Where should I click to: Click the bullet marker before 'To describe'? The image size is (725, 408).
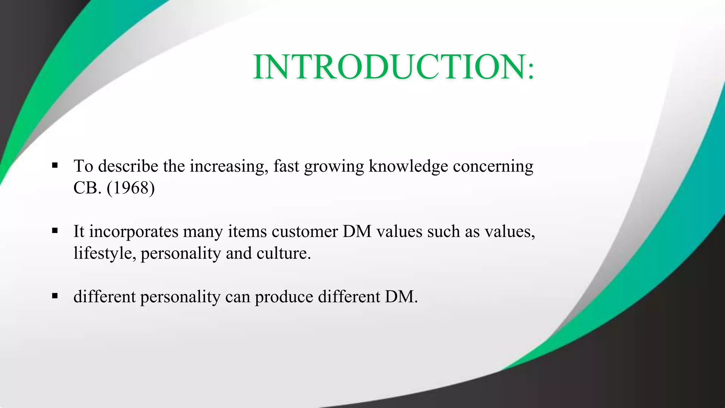click(x=55, y=165)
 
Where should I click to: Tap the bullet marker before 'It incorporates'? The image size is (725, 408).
click(x=55, y=231)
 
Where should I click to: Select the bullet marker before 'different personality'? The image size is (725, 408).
click(x=55, y=296)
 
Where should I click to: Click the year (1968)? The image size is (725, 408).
click(x=131, y=188)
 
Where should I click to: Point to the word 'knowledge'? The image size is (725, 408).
click(x=408, y=166)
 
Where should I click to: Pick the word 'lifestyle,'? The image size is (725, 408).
click(x=105, y=254)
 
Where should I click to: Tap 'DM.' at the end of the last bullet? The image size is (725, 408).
click(x=401, y=296)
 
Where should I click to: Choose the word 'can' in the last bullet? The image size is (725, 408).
click(x=238, y=297)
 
